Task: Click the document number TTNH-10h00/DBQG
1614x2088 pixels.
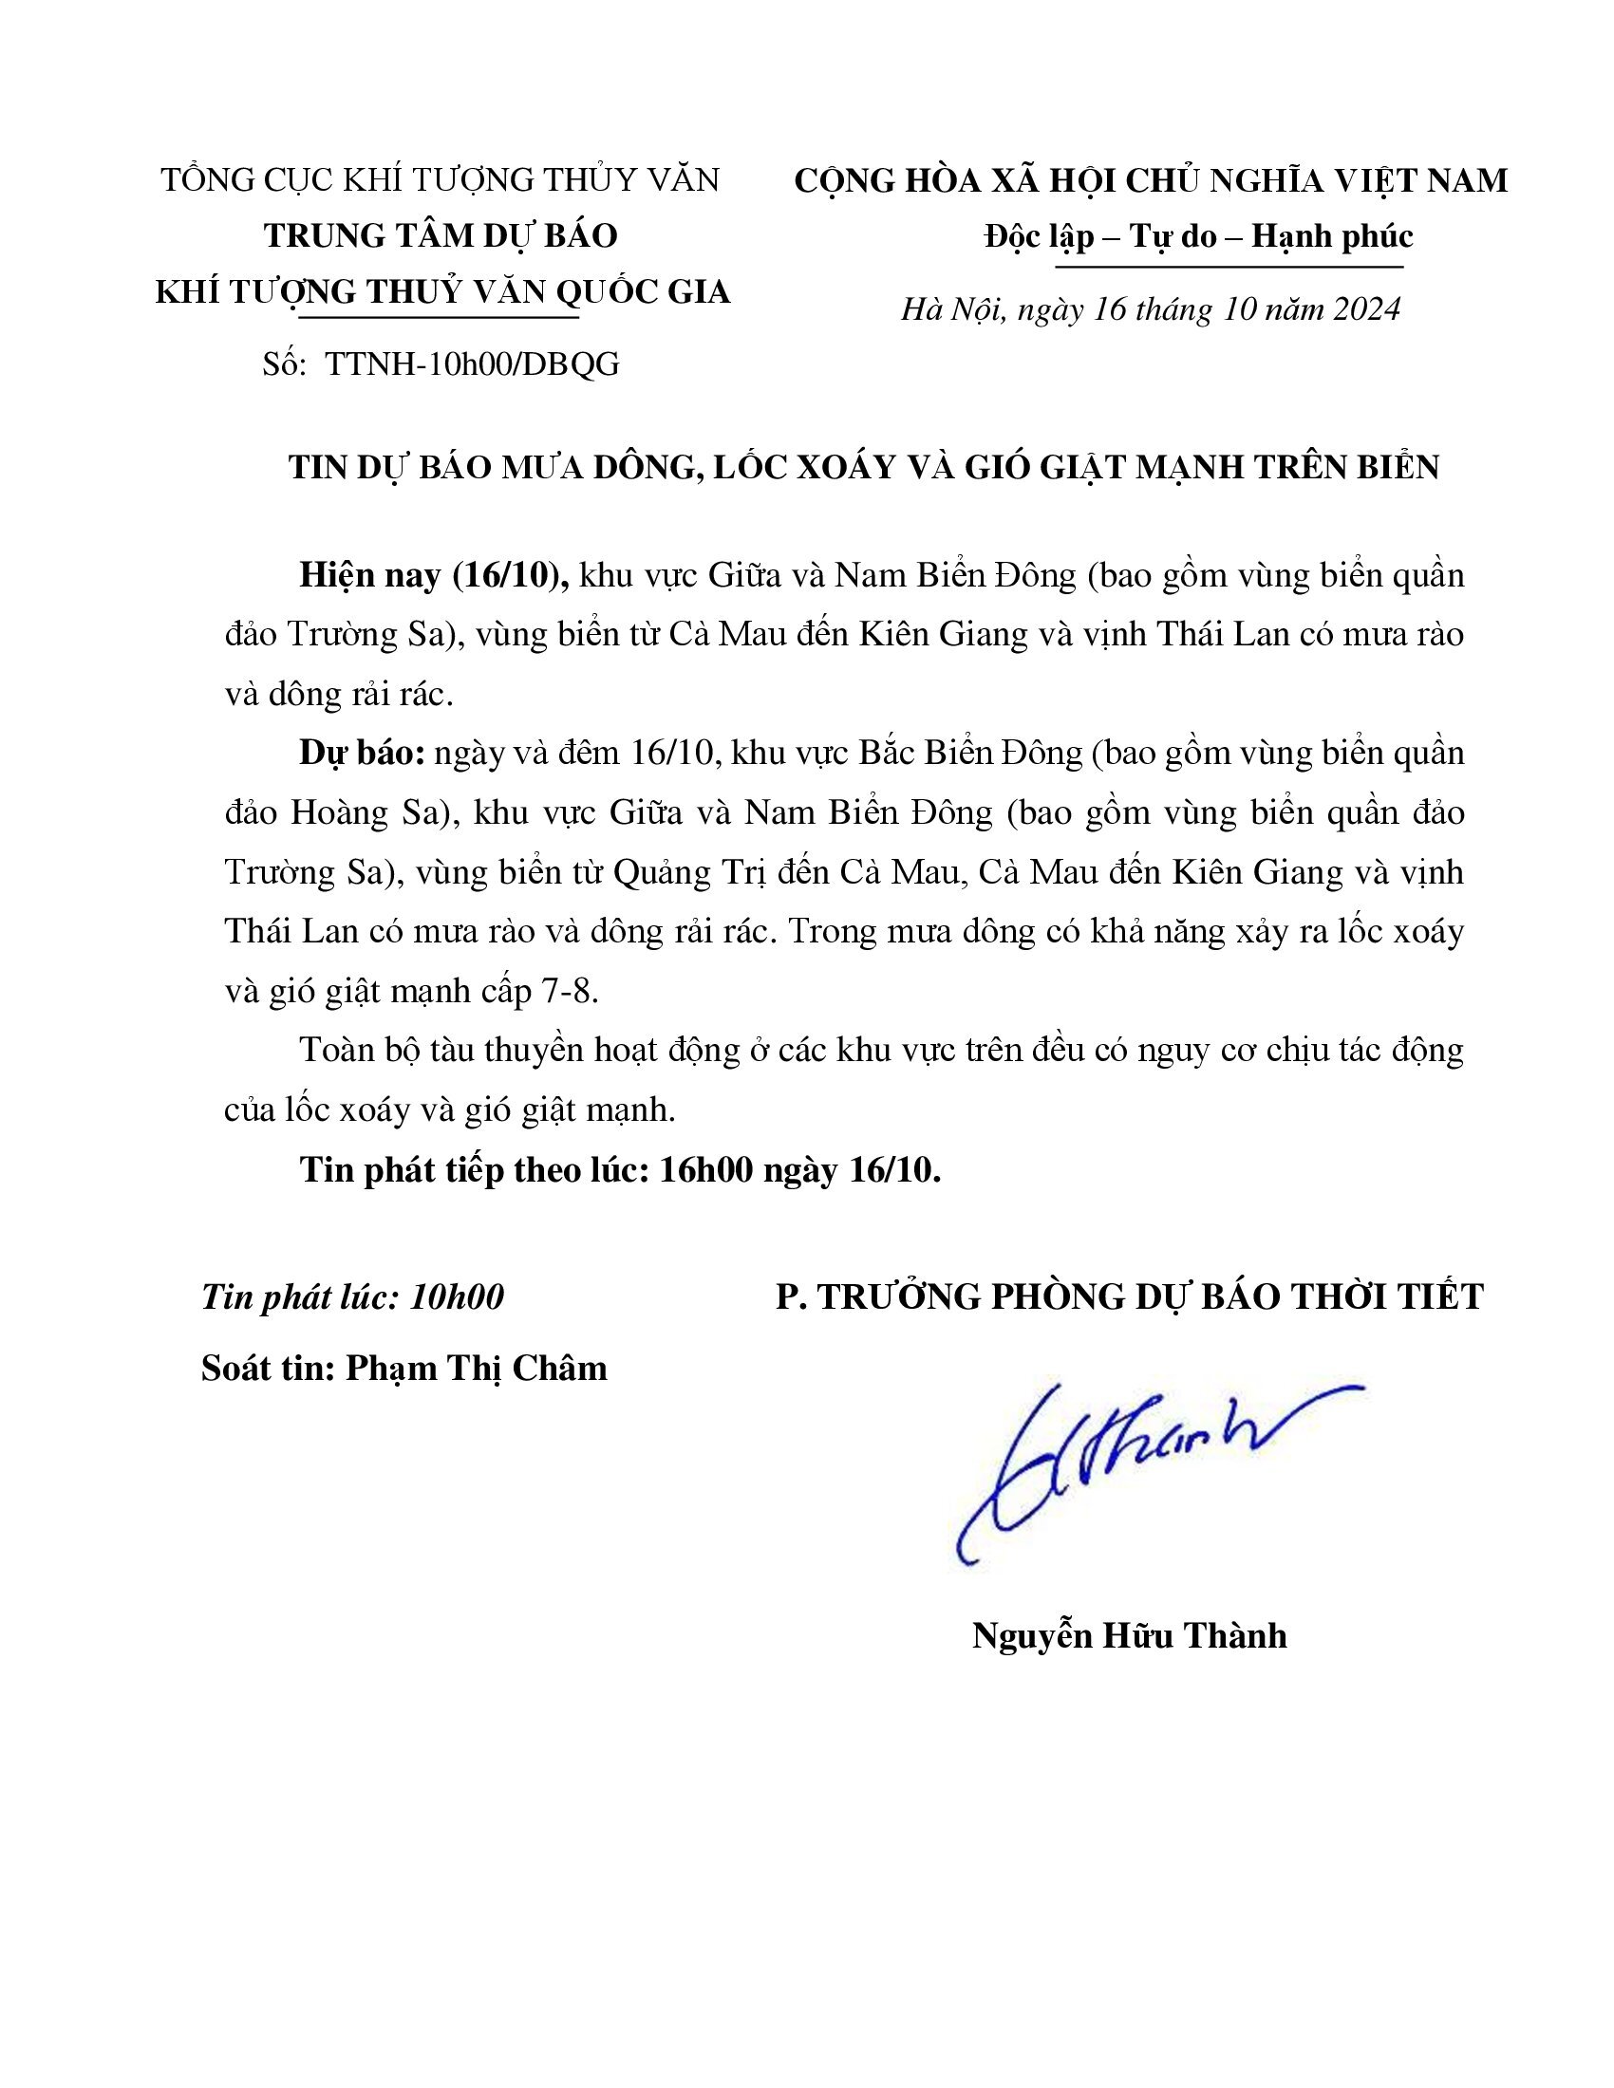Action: [x=473, y=364]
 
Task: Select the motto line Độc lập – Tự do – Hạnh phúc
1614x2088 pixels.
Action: [x=1198, y=235]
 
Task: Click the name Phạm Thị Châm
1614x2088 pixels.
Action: [x=477, y=1368]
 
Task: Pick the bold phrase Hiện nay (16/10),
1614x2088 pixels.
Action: [x=435, y=574]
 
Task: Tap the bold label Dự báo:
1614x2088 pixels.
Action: [x=362, y=753]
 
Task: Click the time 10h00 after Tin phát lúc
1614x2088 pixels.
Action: [x=456, y=1296]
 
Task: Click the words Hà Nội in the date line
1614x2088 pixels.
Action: [x=953, y=308]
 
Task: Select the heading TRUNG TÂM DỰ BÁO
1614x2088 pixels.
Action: [x=441, y=235]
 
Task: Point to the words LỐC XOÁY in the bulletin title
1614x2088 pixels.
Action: [x=833, y=467]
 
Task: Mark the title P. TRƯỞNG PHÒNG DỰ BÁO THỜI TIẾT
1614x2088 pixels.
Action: [x=1129, y=1296]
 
